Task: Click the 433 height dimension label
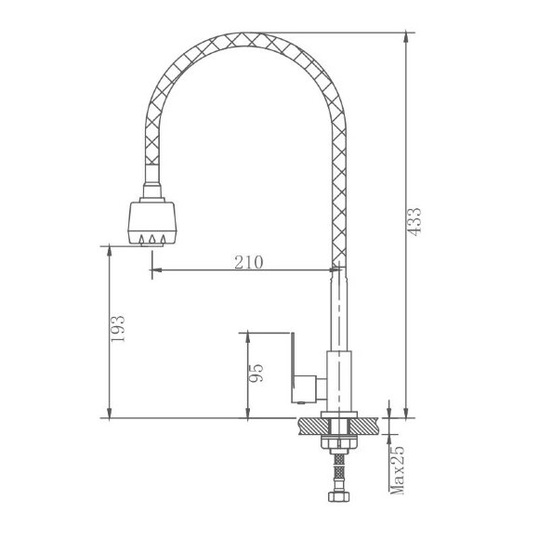pyautogui.click(x=415, y=222)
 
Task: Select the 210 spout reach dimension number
pyautogui.click(x=249, y=262)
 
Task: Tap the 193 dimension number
pyautogui.click(x=118, y=328)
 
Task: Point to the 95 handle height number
pyautogui.click(x=256, y=373)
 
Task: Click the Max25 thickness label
pyautogui.click(x=397, y=470)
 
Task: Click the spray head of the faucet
pyautogui.click(x=151, y=223)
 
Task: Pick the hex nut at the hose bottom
pyautogui.click(x=339, y=496)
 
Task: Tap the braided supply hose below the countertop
pyautogui.click(x=339, y=473)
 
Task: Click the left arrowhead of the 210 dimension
pyautogui.click(x=156, y=269)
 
